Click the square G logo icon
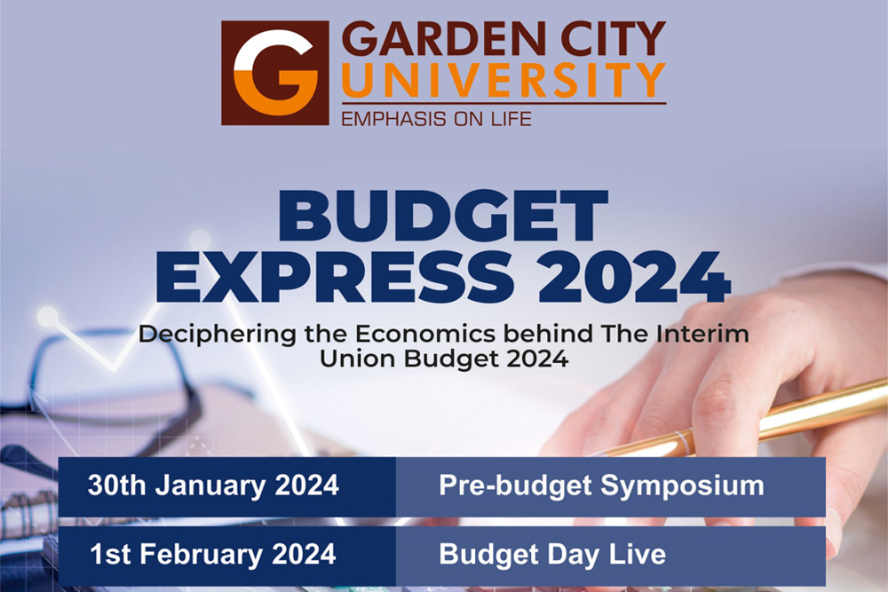(x=275, y=73)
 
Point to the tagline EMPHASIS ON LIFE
(x=437, y=119)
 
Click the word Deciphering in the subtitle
(x=217, y=335)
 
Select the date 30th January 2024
(x=213, y=485)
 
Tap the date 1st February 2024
(x=213, y=554)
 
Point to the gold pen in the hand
(x=736, y=422)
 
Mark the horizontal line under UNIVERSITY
(x=504, y=104)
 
